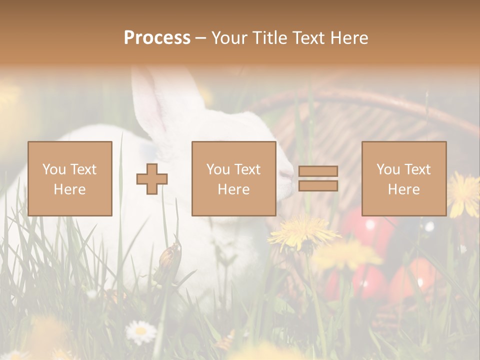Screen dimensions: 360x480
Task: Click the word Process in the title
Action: pyautogui.click(x=157, y=38)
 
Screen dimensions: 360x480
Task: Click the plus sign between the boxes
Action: pyautogui.click(x=152, y=179)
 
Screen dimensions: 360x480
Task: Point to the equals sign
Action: pyautogui.click(x=318, y=178)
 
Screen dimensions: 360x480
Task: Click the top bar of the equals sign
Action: pyautogui.click(x=318, y=171)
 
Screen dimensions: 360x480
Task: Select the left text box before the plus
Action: pyautogui.click(x=70, y=178)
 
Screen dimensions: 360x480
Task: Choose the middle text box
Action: pyautogui.click(x=233, y=178)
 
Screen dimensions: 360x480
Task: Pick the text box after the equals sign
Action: pyautogui.click(x=403, y=178)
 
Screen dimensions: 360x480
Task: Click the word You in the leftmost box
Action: pyautogui.click(x=53, y=169)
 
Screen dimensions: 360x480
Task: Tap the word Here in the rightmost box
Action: pyautogui.click(x=403, y=189)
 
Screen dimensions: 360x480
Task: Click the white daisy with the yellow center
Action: pyautogui.click(x=140, y=331)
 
